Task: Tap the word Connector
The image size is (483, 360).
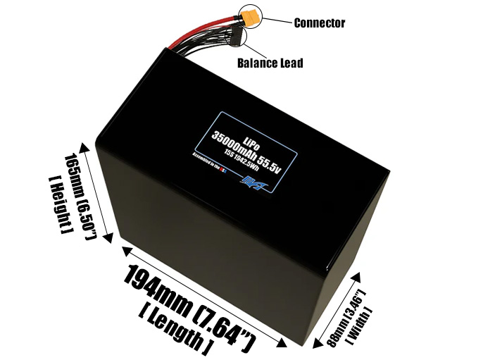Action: click(x=319, y=23)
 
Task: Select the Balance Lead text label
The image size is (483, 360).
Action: click(x=270, y=63)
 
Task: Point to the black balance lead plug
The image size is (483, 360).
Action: click(x=237, y=38)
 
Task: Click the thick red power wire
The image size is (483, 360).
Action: click(x=211, y=32)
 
